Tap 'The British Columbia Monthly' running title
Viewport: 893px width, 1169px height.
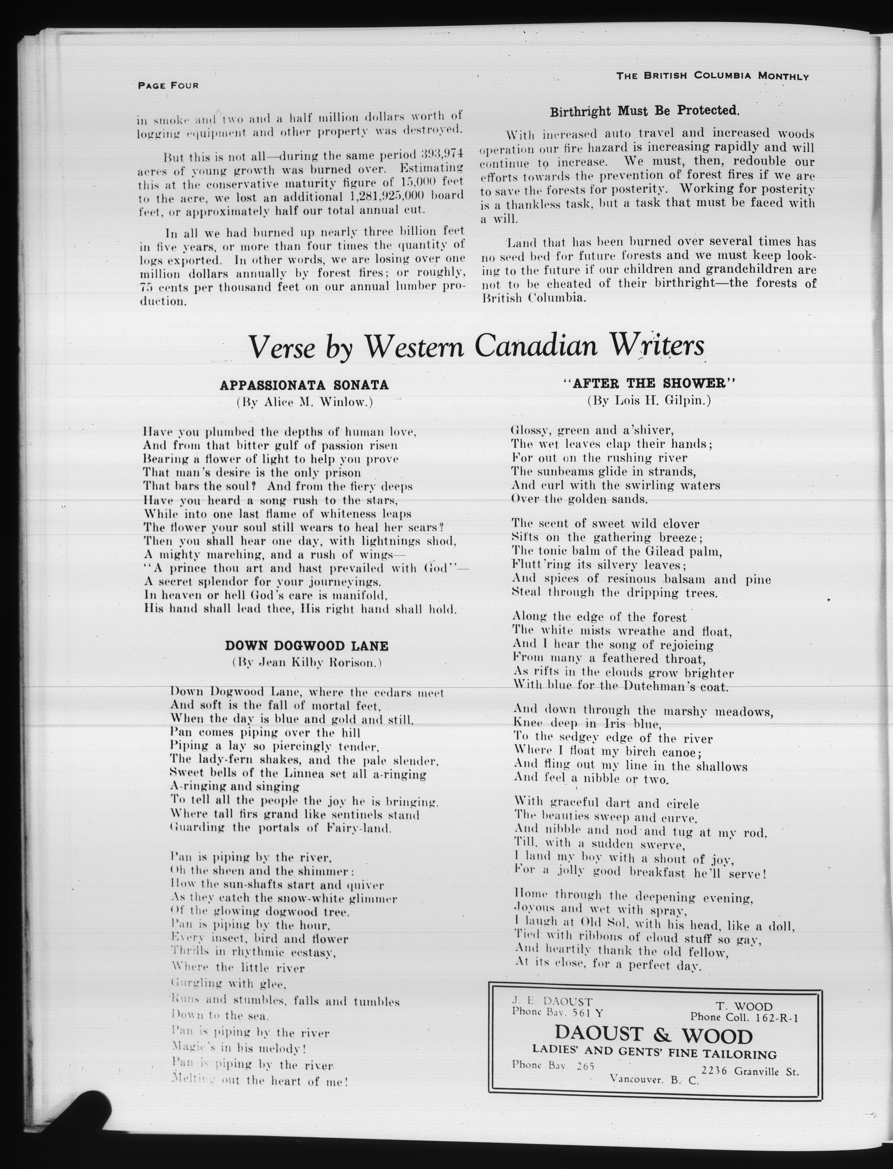click(x=712, y=76)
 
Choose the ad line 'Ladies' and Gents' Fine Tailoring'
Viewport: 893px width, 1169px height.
click(x=655, y=1055)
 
